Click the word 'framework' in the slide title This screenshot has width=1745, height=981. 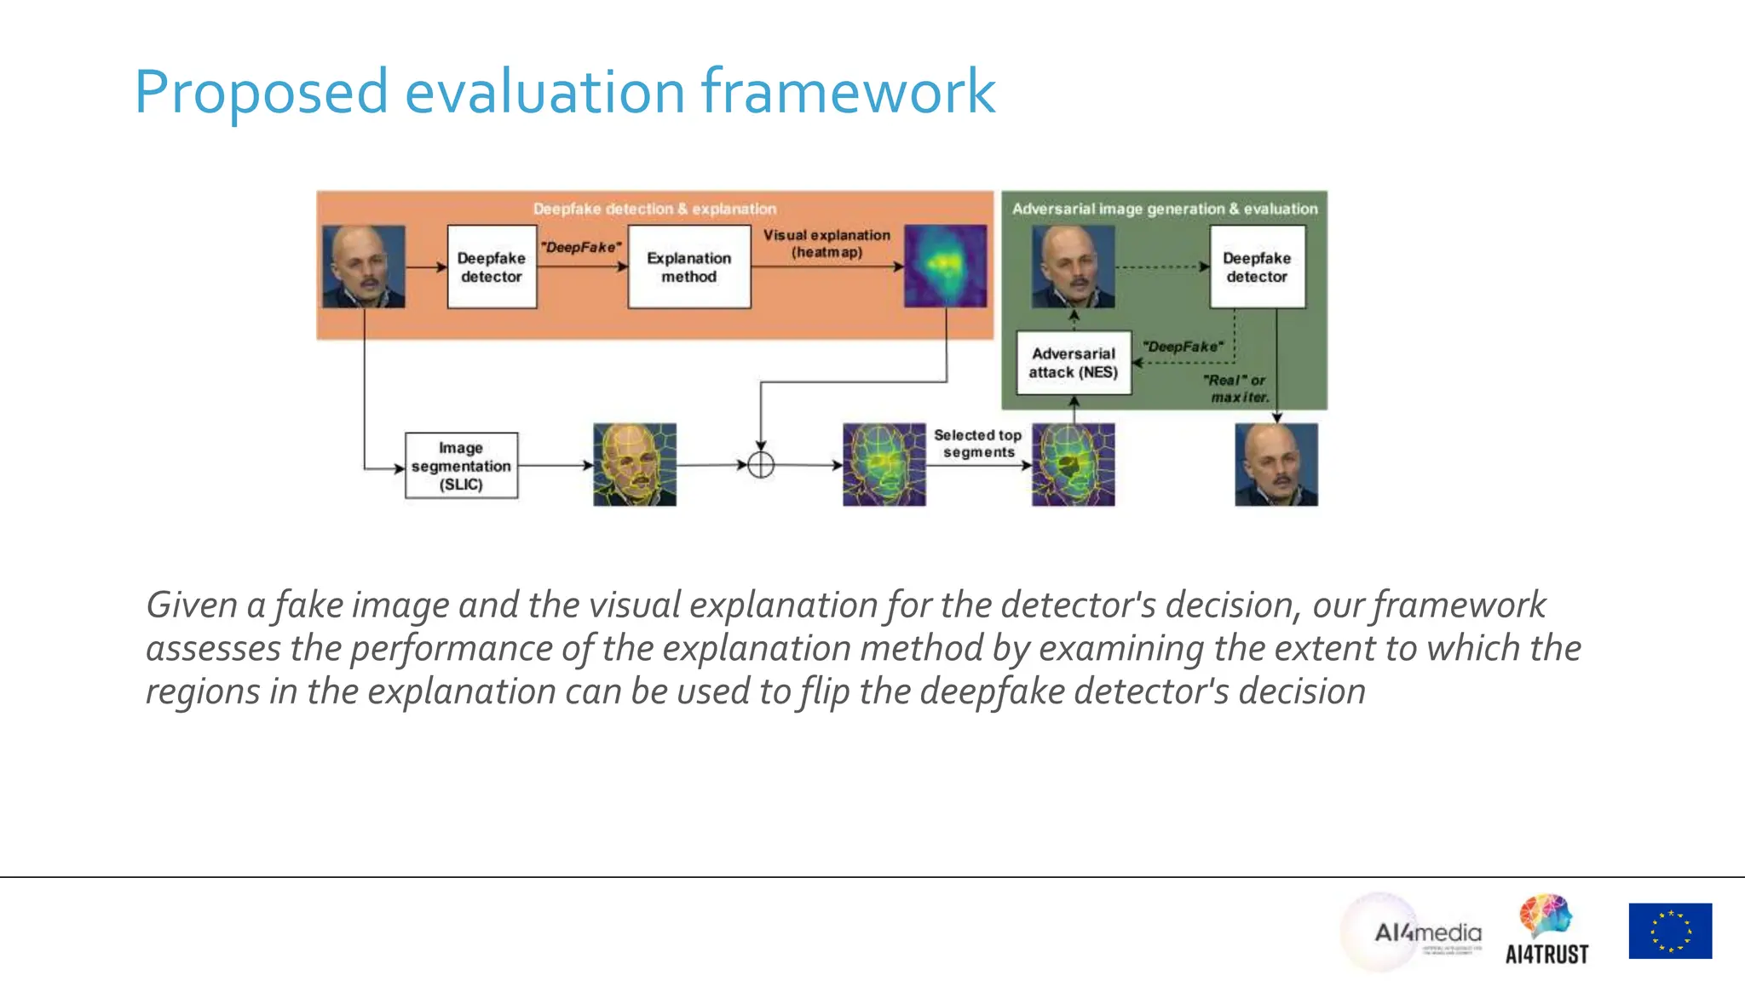[x=848, y=91]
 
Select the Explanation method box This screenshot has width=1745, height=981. [x=688, y=267]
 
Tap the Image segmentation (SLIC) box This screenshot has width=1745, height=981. [x=461, y=466]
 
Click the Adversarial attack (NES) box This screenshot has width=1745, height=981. [x=1073, y=363]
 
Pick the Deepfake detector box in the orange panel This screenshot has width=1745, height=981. [x=492, y=267]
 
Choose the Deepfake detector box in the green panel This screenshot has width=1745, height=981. [x=1257, y=267]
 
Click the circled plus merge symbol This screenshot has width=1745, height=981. [x=760, y=465]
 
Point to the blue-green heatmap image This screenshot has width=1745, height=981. [x=945, y=266]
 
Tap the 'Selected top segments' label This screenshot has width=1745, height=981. [x=977, y=444]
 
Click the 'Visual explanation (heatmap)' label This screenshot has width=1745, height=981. [x=826, y=244]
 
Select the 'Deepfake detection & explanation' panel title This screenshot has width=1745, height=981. [x=654, y=209]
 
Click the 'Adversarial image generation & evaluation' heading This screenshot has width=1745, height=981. [x=1164, y=209]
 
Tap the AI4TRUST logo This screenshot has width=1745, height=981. [x=1546, y=931]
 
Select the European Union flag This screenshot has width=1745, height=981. [x=1670, y=931]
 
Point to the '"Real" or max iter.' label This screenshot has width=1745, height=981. [x=1236, y=389]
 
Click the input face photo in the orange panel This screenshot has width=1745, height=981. [x=364, y=267]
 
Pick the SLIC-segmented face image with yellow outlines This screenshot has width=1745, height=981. [x=635, y=465]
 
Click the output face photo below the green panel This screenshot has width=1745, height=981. [x=1276, y=465]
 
